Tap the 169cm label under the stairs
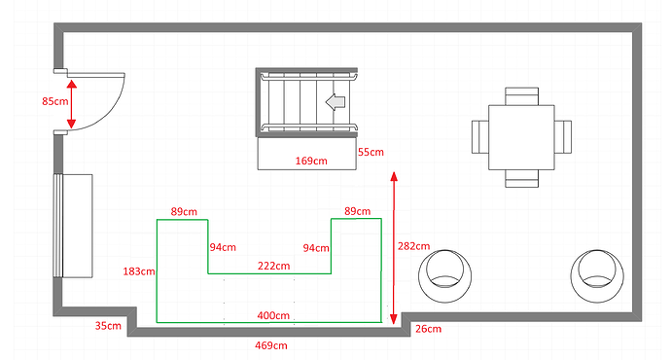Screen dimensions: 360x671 click(x=310, y=160)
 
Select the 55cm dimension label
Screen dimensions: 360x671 click(x=371, y=152)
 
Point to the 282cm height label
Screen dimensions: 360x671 click(x=415, y=246)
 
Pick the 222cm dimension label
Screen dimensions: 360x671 click(x=273, y=266)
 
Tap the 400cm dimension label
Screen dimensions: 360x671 click(x=273, y=315)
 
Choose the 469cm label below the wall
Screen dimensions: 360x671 click(x=269, y=345)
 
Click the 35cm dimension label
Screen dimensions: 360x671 click(x=108, y=326)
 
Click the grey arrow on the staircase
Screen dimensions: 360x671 click(x=336, y=101)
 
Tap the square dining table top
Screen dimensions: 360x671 click(x=521, y=136)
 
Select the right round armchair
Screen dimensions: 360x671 click(x=596, y=272)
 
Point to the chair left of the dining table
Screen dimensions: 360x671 click(x=480, y=136)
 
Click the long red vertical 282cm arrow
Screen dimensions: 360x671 click(x=393, y=248)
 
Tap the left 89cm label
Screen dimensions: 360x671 click(x=184, y=211)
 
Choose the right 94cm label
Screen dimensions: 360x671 click(x=317, y=247)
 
